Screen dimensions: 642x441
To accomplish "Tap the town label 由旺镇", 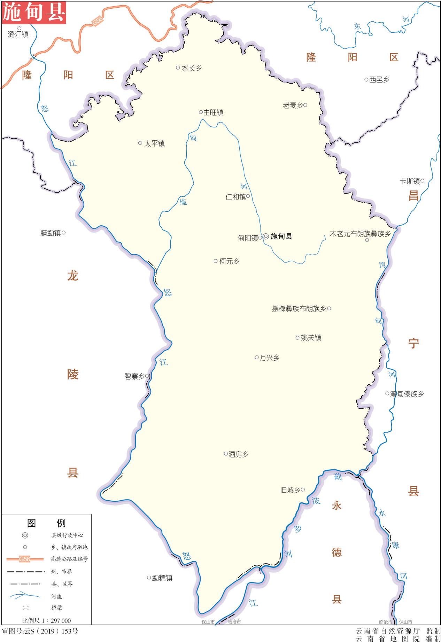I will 213,112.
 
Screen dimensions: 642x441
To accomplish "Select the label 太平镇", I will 154,143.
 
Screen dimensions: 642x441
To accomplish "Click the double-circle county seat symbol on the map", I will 266,236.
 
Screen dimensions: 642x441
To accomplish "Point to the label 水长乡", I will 192,68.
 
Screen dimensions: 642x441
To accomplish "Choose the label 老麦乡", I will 293,105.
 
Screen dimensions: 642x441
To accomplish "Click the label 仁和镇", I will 235,197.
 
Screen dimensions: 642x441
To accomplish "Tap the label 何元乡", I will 229,261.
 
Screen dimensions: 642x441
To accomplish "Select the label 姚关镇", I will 311,338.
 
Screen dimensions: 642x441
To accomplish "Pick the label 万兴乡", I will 269,358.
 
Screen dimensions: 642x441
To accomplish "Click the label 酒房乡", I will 238,454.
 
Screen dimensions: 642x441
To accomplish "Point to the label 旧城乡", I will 290,490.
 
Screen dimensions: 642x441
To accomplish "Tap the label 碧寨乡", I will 134,376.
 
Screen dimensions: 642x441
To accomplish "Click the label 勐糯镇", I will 162,578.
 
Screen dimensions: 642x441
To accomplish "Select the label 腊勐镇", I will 51,233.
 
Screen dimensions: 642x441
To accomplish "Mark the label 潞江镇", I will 18,34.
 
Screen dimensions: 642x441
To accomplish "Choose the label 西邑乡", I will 379,80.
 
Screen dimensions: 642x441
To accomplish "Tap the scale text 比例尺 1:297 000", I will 46,620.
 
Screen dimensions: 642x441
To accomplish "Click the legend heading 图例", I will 46,523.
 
